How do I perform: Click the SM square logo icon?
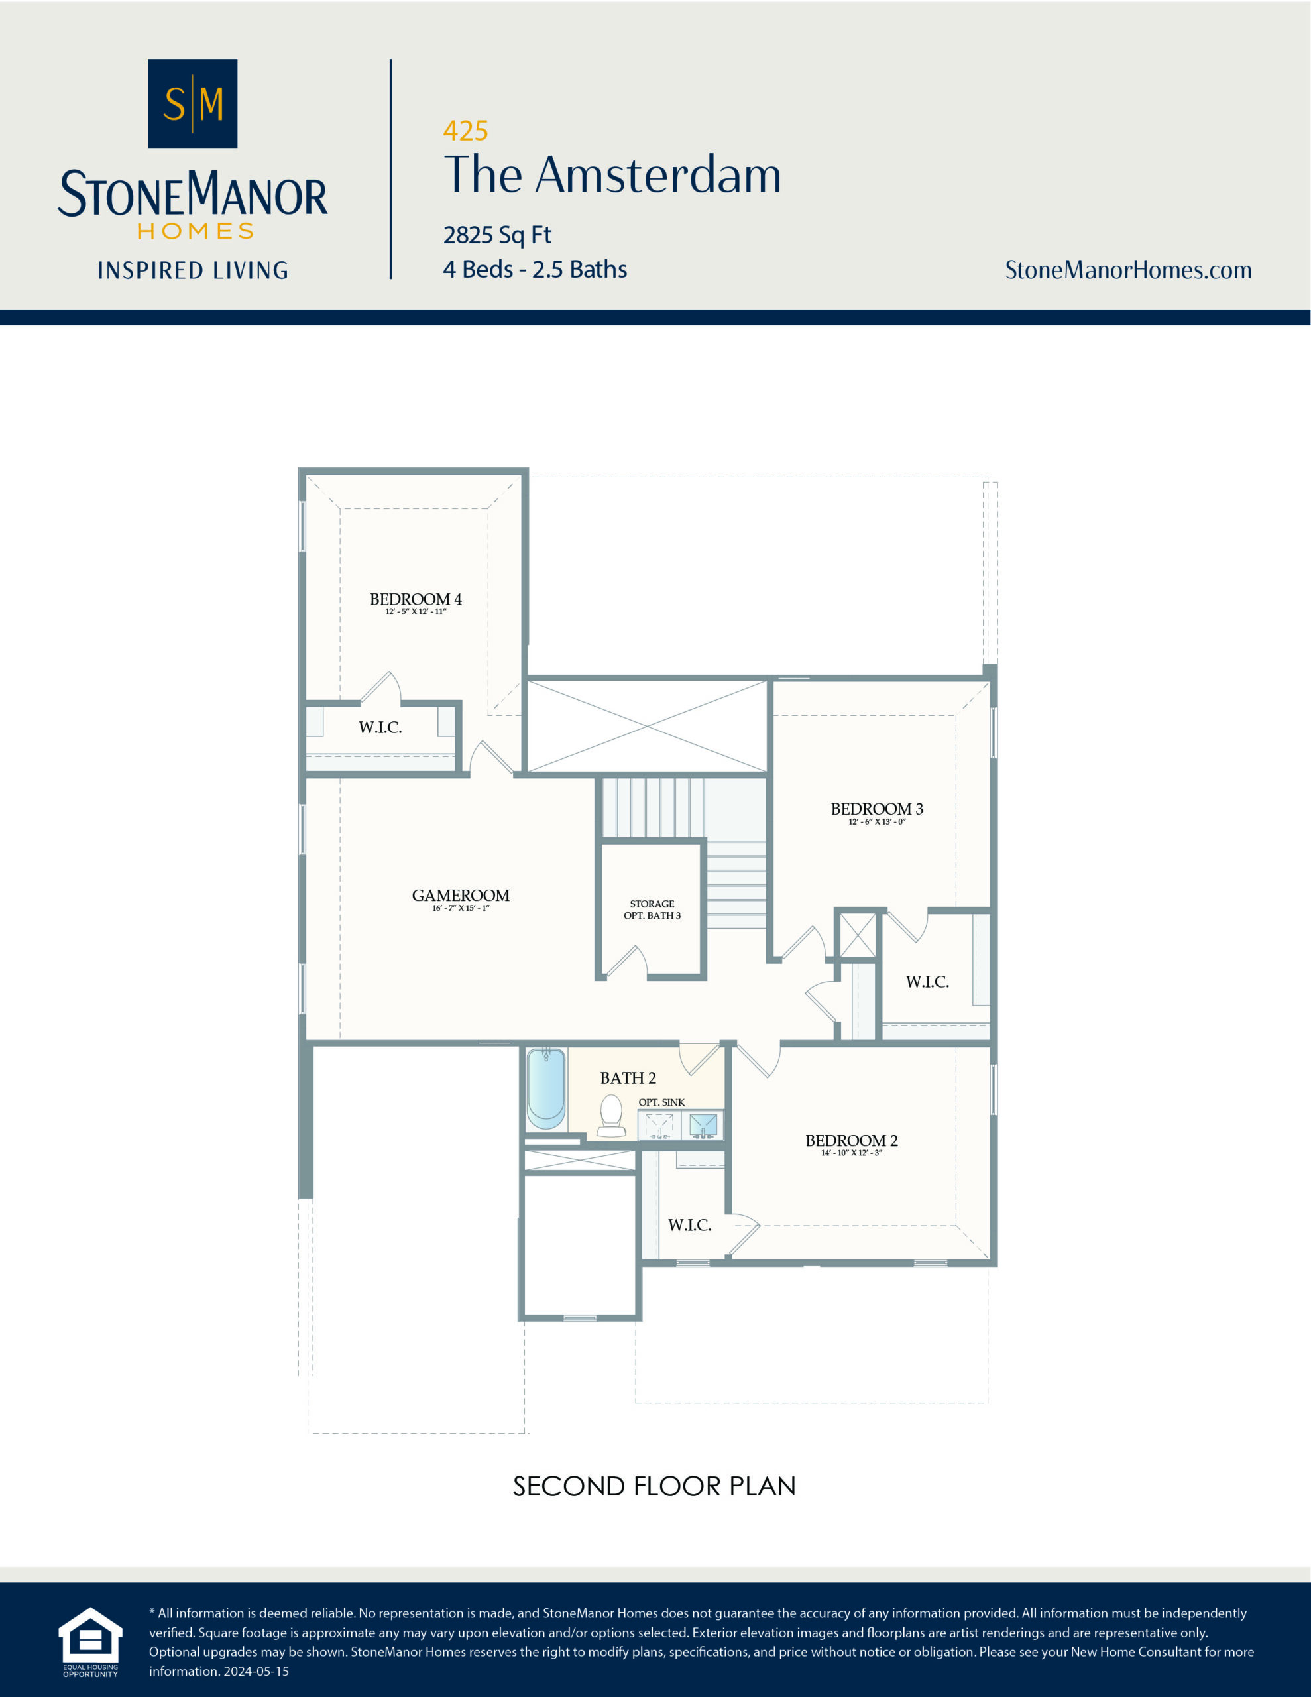[x=192, y=103]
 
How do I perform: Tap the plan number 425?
[x=465, y=131]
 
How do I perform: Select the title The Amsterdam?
[x=612, y=175]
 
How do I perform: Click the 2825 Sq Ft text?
[x=496, y=235]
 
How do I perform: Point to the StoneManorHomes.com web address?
[x=1127, y=270]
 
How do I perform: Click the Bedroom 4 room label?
[x=415, y=599]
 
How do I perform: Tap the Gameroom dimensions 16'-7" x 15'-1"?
[x=461, y=908]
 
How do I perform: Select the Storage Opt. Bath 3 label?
[x=652, y=910]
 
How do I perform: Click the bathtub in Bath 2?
[x=545, y=1088]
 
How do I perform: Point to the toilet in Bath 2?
[x=612, y=1116]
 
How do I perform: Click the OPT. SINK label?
[x=661, y=1102]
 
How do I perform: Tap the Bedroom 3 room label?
[x=877, y=809]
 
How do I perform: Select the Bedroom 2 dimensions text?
[x=851, y=1153]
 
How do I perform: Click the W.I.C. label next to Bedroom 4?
[x=380, y=728]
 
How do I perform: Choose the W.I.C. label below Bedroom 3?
[x=927, y=982]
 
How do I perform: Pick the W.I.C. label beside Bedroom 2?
[x=689, y=1225]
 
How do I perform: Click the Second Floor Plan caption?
[x=654, y=1486]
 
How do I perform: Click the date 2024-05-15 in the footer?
[x=256, y=1671]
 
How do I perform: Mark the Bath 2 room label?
[x=627, y=1078]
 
